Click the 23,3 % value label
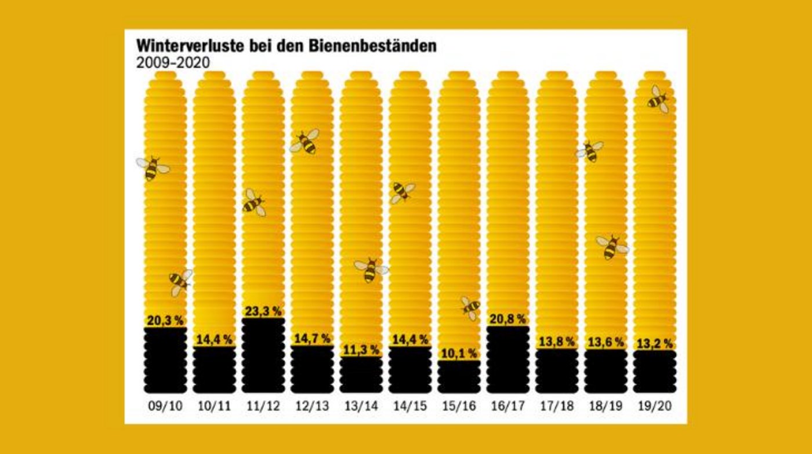pos(263,311)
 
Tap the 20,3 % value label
pos(165,320)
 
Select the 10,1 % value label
pos(459,353)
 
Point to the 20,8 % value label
pos(507,319)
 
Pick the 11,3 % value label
pos(361,350)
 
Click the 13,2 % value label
pos(655,343)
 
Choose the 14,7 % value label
pos(312,339)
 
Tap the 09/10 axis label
pos(165,406)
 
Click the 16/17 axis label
pos(507,406)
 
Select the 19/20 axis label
pos(655,406)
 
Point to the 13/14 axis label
pos(361,406)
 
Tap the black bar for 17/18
pos(557,371)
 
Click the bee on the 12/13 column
pos(305,141)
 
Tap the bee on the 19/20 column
pos(658,100)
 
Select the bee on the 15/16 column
pos(470,307)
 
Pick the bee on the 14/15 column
pos(401,192)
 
